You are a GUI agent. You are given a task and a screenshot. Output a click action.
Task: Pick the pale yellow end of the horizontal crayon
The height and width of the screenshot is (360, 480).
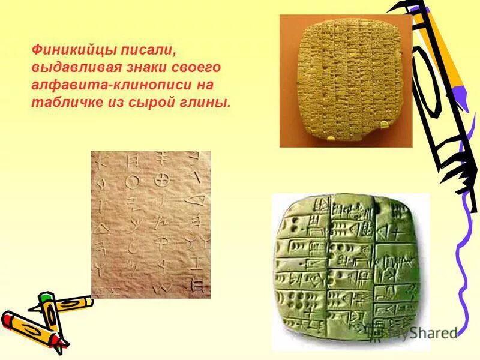click(88, 301)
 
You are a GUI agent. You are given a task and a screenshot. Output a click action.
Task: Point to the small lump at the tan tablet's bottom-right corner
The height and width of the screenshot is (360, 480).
click(383, 125)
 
